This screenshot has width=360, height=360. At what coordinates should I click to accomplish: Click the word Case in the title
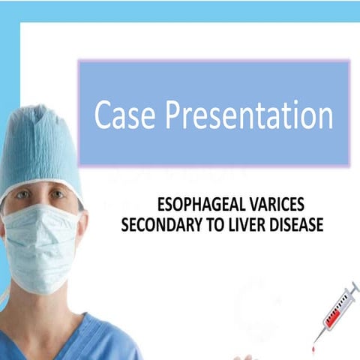122,117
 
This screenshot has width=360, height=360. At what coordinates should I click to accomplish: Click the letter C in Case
102,117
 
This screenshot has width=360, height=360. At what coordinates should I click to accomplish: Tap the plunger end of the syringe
353,287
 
